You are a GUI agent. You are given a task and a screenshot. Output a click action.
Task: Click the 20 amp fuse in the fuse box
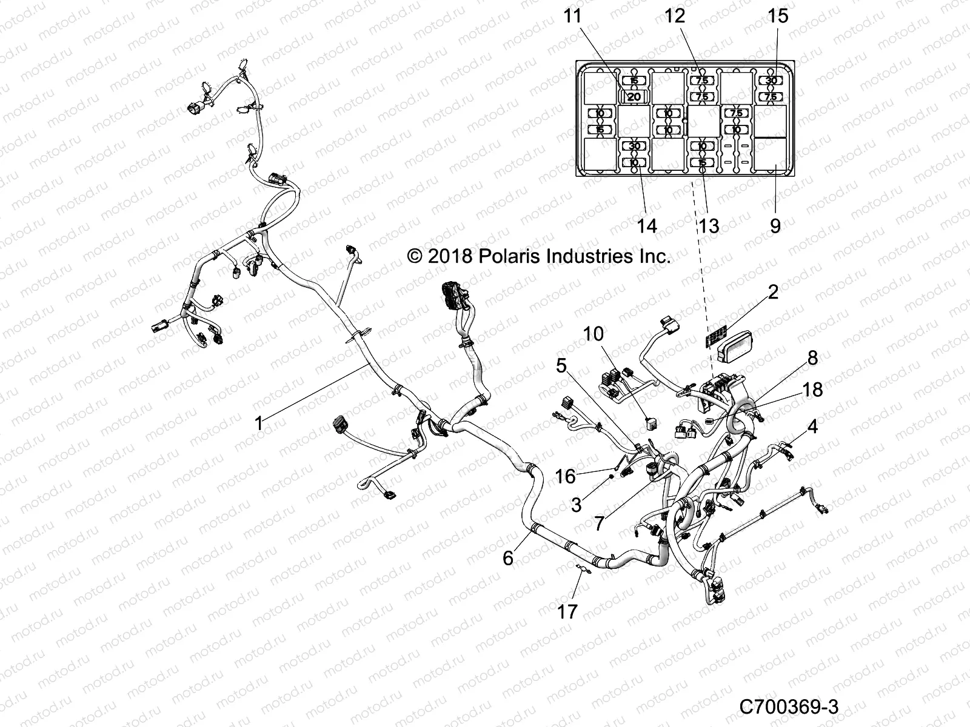point(634,97)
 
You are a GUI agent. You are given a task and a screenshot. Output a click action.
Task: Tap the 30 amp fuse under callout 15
point(771,81)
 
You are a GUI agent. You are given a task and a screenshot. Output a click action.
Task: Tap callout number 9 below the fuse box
point(775,226)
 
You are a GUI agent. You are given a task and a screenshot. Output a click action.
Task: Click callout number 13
point(708,226)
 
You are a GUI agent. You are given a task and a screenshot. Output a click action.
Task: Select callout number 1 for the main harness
point(259,423)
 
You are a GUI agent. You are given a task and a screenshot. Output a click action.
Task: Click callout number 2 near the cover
point(772,293)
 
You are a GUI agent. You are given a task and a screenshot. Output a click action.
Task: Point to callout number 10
point(594,334)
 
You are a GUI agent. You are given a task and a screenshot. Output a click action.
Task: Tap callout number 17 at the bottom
point(568,612)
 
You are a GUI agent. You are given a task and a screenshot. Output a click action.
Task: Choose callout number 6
point(508,558)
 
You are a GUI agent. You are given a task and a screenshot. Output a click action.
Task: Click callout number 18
point(812,390)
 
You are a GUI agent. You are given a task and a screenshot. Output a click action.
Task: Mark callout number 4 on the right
point(812,427)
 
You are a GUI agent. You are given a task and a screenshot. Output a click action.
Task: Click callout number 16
point(565,477)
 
